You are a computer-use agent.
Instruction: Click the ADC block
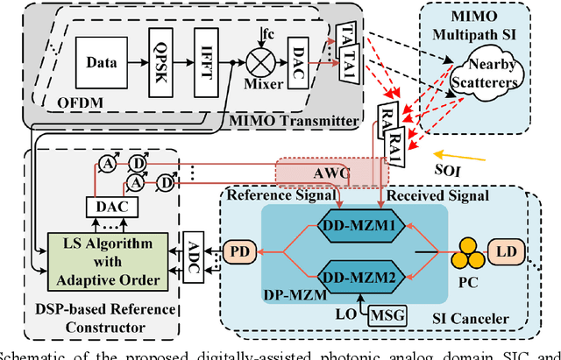click(x=195, y=251)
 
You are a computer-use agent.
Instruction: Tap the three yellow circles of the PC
click(x=467, y=254)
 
